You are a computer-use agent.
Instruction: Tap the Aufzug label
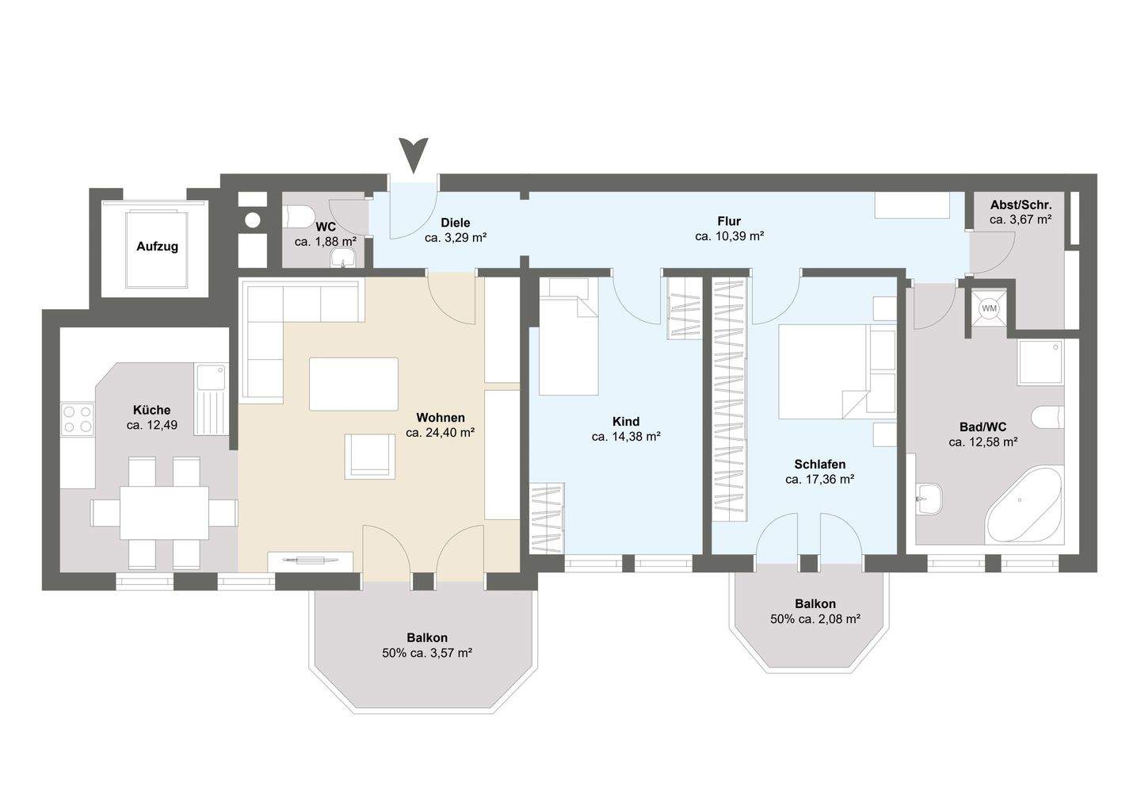(157, 247)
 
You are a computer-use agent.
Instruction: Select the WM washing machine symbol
(990, 308)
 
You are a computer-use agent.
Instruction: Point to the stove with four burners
(78, 419)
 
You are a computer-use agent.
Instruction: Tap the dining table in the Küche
(164, 512)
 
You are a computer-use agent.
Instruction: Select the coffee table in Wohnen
(353, 384)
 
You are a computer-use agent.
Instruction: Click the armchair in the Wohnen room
(369, 457)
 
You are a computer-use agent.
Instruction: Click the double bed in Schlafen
(824, 370)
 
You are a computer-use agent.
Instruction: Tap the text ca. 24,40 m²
(441, 433)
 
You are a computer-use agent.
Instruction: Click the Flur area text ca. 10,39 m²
(729, 236)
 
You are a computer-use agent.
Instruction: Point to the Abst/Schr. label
(1021, 205)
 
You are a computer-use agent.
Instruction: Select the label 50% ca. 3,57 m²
(427, 653)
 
